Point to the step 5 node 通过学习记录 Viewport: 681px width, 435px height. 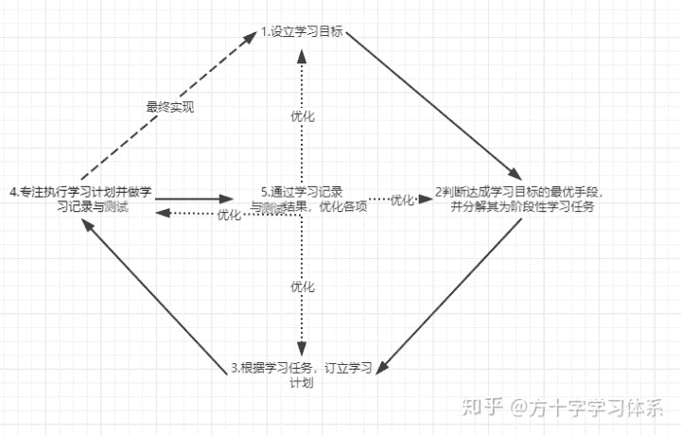click(301, 199)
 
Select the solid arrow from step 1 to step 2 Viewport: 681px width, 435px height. click(432, 104)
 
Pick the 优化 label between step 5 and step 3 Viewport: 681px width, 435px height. click(302, 286)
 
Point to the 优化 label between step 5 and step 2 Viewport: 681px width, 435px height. click(402, 200)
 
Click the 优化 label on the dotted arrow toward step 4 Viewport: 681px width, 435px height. click(229, 215)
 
